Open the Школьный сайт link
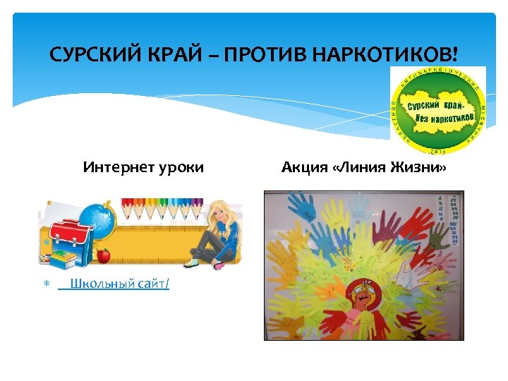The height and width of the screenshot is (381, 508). click(x=119, y=284)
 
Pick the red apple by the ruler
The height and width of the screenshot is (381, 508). click(x=104, y=255)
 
